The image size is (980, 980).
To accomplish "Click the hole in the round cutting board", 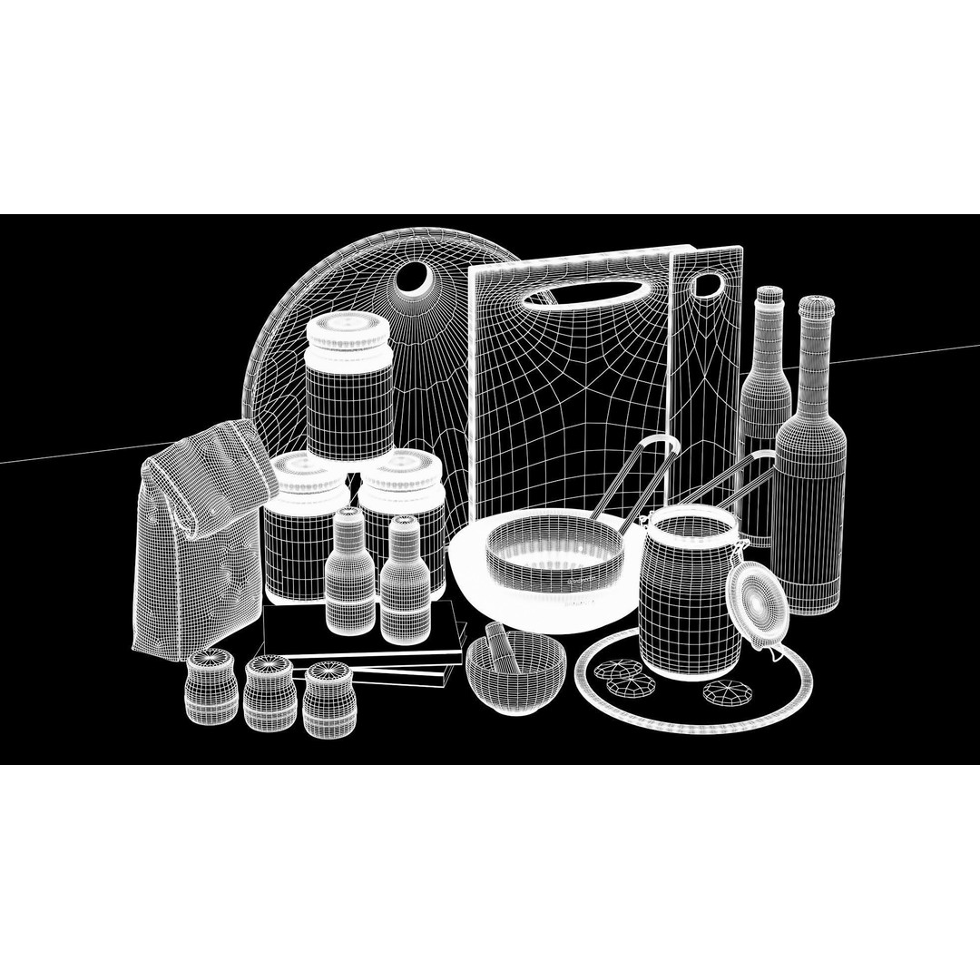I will pyautogui.click(x=418, y=279).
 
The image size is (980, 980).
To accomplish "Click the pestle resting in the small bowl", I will pyautogui.click(x=502, y=646).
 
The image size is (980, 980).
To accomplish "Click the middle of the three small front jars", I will pyautogui.click(x=269, y=693).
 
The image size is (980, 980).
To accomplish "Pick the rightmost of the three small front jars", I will pyautogui.click(x=328, y=701).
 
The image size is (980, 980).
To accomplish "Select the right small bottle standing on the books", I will pyautogui.click(x=405, y=581).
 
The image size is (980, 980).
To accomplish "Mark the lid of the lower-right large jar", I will pyautogui.click(x=401, y=475).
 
